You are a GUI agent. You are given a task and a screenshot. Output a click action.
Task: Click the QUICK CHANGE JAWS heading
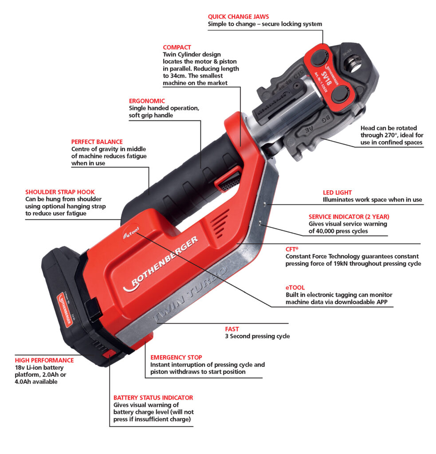click(x=238, y=17)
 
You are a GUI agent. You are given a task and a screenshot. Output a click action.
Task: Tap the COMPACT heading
click(x=177, y=47)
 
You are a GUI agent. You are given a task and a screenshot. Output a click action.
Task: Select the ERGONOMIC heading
click(x=147, y=101)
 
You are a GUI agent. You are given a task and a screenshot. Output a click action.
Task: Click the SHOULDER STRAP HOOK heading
click(x=60, y=192)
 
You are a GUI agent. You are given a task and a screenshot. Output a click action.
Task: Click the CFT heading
click(x=291, y=250)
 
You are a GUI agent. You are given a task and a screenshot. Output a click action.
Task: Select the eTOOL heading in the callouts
click(x=295, y=288)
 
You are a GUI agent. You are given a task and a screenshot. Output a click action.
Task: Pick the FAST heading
click(x=232, y=329)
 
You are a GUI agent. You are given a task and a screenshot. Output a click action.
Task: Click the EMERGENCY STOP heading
click(x=176, y=357)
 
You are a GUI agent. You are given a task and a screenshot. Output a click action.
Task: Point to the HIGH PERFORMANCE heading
click(x=44, y=360)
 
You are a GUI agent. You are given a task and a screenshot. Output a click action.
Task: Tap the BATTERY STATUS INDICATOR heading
click(x=153, y=398)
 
